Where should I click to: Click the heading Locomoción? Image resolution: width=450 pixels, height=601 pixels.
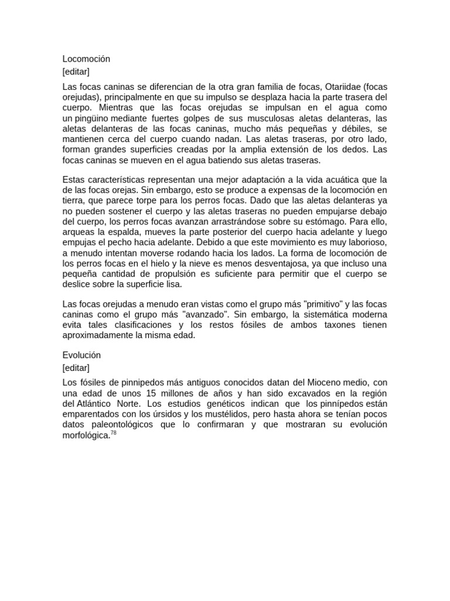coord(86,59)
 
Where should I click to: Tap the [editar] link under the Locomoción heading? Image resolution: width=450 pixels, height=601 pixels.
coord(76,72)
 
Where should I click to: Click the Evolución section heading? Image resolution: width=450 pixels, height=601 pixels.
coord(81,356)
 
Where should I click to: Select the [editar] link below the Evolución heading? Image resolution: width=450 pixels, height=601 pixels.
coord(76,368)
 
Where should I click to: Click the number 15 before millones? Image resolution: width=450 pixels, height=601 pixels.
coord(171,393)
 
